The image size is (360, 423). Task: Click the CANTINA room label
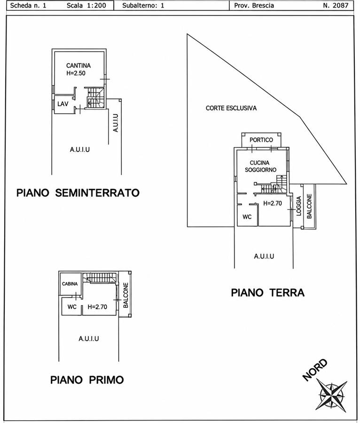[x=78, y=65]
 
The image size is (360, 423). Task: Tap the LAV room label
[x=63, y=104]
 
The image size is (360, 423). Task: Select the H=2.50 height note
[x=76, y=73]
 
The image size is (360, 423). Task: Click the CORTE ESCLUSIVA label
[x=231, y=108]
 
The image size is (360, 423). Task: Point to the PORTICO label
[x=261, y=140]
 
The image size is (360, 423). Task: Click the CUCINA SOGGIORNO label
[x=260, y=166]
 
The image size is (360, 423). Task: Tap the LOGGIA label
[x=298, y=206]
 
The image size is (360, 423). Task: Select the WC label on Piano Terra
[x=247, y=217]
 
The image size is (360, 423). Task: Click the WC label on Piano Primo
[x=72, y=307]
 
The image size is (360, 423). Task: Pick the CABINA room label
[x=70, y=284]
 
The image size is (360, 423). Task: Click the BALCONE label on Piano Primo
[x=125, y=295]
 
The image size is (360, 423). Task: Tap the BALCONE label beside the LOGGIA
[x=309, y=206]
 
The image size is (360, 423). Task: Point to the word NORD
[x=315, y=370]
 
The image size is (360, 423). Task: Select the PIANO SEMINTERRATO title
[x=78, y=193]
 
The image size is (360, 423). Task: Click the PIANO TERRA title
[x=268, y=293]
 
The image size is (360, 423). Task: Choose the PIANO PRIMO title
[x=87, y=380]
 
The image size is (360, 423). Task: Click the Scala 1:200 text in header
[x=86, y=5]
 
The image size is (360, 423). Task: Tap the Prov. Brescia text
[x=254, y=5]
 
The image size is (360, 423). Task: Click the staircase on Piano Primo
[x=100, y=278]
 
